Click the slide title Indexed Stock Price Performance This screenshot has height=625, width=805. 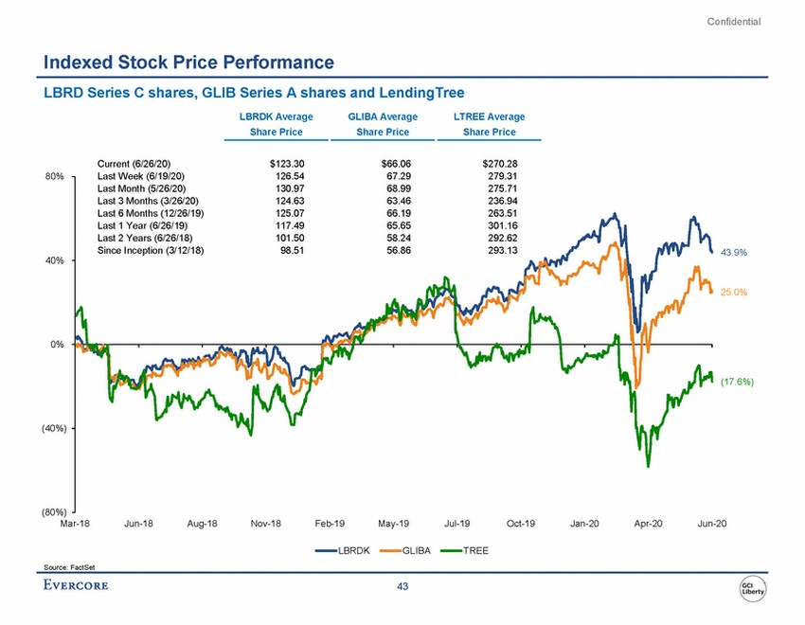tap(188, 63)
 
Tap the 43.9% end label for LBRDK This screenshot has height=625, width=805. tap(735, 253)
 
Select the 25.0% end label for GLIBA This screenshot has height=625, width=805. tap(735, 293)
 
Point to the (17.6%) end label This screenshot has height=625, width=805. tap(737, 382)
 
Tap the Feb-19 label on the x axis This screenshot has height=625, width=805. tap(332, 524)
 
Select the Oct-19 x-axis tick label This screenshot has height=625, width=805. tap(522, 524)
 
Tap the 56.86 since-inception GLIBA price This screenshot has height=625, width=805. tap(394, 250)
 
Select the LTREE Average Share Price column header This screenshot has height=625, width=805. tap(490, 124)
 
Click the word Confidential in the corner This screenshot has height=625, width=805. tap(734, 22)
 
